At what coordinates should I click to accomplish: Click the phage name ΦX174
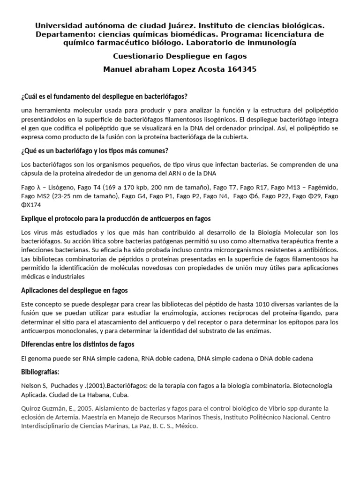tap(31, 205)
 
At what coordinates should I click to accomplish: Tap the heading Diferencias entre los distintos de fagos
tap(78, 345)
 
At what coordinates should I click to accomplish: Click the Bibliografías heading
tap(41, 372)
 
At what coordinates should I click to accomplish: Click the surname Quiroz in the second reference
tap(32, 408)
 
